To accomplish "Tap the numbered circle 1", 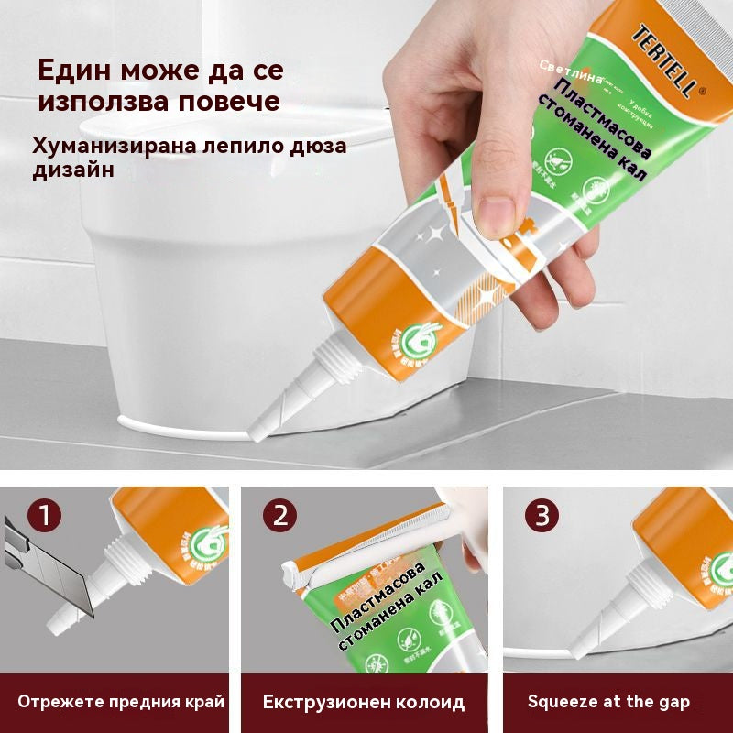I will pos(43,515).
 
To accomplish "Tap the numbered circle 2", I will pos(279,515).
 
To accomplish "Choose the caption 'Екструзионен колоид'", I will pos(364,702).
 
